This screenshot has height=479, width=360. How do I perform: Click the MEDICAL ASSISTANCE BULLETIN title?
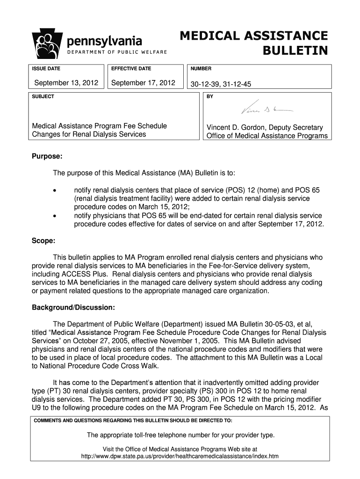tap(254, 43)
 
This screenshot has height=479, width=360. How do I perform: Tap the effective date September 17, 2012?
tap(143, 83)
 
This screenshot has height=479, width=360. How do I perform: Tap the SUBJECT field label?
tap(43, 96)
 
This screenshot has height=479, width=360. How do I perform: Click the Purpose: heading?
tap(47, 155)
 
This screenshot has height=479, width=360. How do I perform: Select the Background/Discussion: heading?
tap(73, 308)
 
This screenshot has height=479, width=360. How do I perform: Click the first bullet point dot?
tap(55, 191)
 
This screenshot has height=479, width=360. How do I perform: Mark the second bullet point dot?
tap(55, 216)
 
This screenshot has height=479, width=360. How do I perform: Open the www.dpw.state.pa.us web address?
tap(180, 456)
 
